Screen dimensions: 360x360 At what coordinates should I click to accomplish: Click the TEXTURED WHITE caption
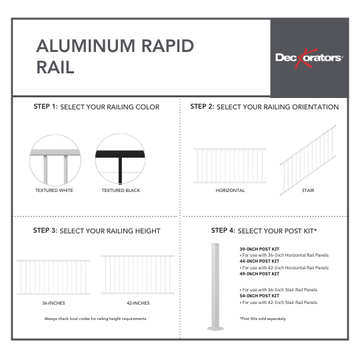tap(55, 191)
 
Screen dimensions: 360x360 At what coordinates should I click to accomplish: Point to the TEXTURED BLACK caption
tap(121, 191)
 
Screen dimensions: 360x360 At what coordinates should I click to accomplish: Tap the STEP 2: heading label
tap(202, 107)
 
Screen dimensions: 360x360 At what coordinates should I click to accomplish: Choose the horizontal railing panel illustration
tap(230, 165)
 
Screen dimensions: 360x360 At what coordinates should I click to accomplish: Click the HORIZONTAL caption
tap(230, 191)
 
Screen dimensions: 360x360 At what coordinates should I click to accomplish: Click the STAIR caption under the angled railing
tap(307, 191)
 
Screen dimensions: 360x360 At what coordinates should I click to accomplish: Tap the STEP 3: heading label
tap(45, 231)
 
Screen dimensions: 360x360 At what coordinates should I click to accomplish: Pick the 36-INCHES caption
tap(53, 303)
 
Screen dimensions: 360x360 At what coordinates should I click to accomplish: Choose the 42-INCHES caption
tap(137, 303)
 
